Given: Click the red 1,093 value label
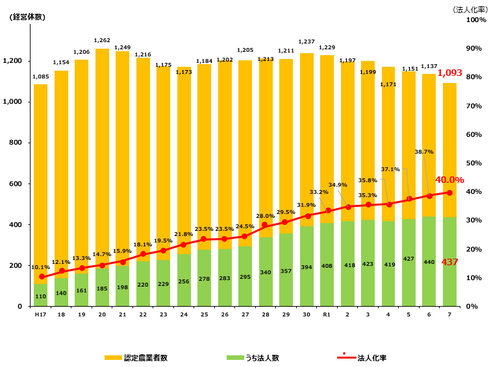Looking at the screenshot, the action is tap(449, 73).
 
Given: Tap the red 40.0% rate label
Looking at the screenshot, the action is tap(449, 180).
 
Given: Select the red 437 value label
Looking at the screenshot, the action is tap(449, 262).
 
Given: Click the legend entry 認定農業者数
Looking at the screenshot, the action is tap(136, 358).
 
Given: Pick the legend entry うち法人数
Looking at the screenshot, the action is tap(253, 358).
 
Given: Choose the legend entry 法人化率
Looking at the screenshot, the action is tap(362, 358).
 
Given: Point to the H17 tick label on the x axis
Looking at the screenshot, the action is tap(40, 314).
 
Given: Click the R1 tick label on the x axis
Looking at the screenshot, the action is tap(327, 314).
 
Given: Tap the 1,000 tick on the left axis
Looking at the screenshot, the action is tap(12, 102).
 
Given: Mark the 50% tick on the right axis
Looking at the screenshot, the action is tap(473, 163).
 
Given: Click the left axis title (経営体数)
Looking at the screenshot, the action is tap(27, 17).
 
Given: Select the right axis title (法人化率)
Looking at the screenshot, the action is tap(470, 10).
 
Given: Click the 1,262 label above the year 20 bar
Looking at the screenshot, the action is tap(102, 40).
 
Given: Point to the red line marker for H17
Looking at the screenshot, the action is tap(42, 277).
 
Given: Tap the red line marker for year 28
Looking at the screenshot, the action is tap(264, 225).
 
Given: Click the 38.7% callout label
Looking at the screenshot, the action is tap(424, 152).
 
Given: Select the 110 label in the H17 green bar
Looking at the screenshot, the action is tap(40, 296).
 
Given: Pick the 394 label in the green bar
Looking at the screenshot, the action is tap(307, 267).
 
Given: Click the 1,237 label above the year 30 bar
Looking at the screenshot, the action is tap(307, 41).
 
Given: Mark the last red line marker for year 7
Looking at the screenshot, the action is tap(449, 193).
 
